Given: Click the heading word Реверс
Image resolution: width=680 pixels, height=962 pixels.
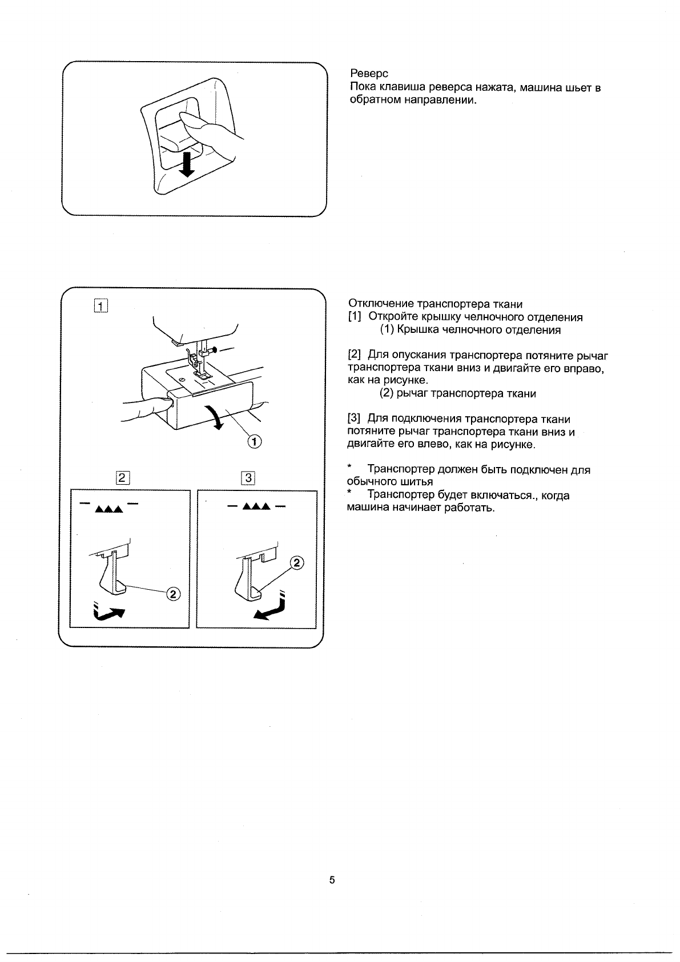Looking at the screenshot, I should coord(368,74).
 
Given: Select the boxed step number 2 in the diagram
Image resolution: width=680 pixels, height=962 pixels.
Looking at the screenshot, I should coord(123,478).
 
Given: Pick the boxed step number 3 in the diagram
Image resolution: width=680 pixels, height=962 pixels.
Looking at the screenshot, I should coord(248,478).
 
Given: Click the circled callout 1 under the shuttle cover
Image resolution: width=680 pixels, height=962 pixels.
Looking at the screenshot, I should coord(254,441).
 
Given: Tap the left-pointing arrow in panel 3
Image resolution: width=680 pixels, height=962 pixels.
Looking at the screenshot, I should coord(269,611).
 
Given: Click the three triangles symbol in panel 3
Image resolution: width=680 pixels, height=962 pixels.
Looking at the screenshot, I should coord(255,507).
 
